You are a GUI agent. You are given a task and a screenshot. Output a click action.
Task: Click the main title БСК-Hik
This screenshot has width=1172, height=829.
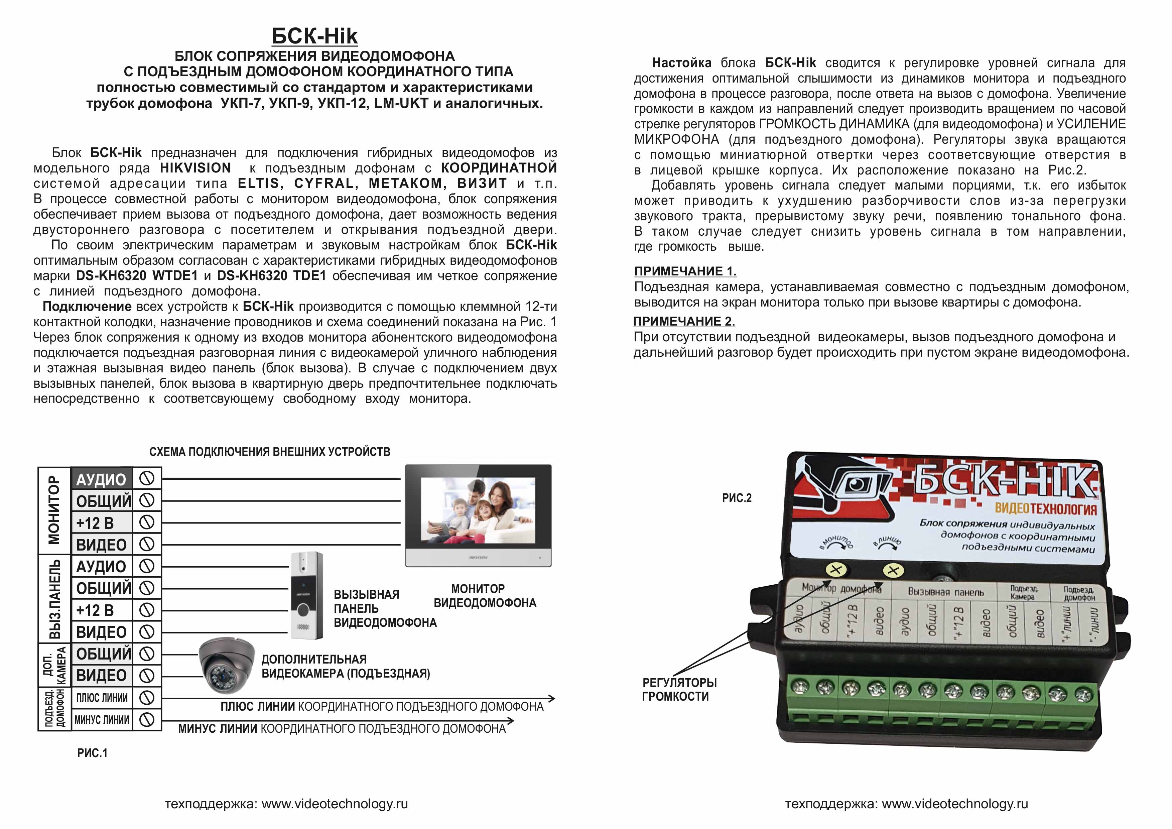(x=314, y=36)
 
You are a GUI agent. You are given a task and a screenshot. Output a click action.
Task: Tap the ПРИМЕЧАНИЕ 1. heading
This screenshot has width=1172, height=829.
(x=685, y=271)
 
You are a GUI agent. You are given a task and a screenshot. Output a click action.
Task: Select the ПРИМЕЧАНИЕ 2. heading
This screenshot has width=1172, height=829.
(x=684, y=321)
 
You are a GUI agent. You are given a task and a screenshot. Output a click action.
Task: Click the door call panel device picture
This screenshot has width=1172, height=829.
(x=306, y=595)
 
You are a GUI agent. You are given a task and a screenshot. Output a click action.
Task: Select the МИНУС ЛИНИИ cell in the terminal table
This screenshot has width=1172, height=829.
(x=102, y=720)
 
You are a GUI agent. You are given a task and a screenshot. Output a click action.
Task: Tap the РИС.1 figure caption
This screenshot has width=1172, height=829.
(x=92, y=753)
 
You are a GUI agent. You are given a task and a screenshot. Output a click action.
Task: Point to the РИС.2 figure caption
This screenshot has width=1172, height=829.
(x=737, y=498)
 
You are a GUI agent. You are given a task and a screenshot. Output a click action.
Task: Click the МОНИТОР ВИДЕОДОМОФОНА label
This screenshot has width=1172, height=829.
(x=485, y=596)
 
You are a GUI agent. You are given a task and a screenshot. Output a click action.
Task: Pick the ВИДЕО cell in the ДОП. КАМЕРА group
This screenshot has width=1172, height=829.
(x=102, y=675)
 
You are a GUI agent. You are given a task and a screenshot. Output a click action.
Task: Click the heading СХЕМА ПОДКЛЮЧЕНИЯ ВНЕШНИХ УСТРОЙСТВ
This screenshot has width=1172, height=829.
(x=269, y=452)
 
